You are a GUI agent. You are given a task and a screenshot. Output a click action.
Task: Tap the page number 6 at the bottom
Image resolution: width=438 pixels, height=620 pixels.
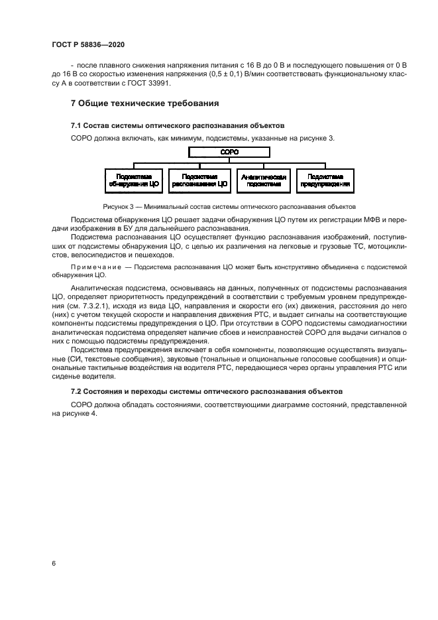(x=53, y=563)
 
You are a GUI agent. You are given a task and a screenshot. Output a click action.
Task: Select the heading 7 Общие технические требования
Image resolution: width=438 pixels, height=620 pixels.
(x=144, y=103)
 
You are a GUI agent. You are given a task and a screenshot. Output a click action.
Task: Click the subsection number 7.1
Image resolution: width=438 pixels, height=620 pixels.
(x=76, y=125)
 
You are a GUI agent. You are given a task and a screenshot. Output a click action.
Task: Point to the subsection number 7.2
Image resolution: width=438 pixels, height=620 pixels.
(x=76, y=392)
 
